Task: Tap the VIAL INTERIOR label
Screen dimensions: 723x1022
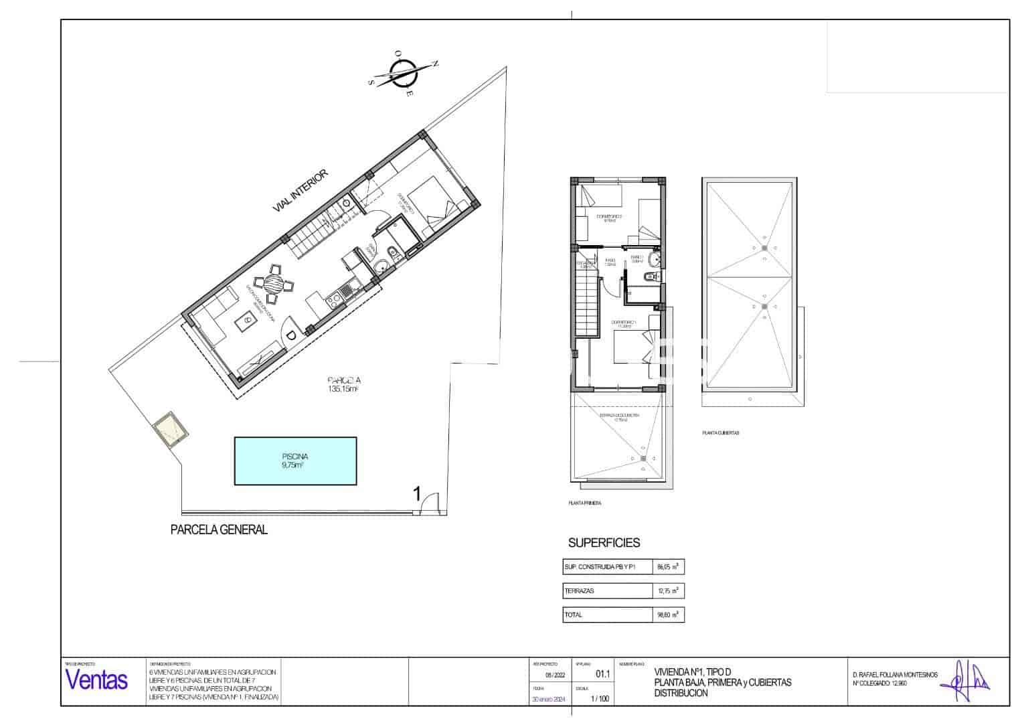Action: click(301, 191)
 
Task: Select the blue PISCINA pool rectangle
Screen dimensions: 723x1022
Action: click(295, 461)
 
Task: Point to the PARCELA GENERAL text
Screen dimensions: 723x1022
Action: click(219, 530)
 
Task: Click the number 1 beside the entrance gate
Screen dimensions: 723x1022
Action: click(416, 495)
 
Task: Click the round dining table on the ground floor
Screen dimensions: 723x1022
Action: click(272, 284)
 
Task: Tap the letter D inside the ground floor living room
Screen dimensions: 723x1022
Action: click(291, 335)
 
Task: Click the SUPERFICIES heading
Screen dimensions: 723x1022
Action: click(604, 543)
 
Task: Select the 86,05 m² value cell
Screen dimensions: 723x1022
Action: click(668, 567)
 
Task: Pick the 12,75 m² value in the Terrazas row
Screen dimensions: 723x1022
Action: click(668, 591)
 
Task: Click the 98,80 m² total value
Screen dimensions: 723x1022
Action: click(668, 615)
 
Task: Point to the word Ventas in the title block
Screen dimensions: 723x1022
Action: click(96, 680)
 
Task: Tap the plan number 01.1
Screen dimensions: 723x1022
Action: click(602, 675)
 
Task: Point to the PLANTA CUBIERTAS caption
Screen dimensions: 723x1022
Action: click(720, 433)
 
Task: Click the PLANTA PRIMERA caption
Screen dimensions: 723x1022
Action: click(584, 503)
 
